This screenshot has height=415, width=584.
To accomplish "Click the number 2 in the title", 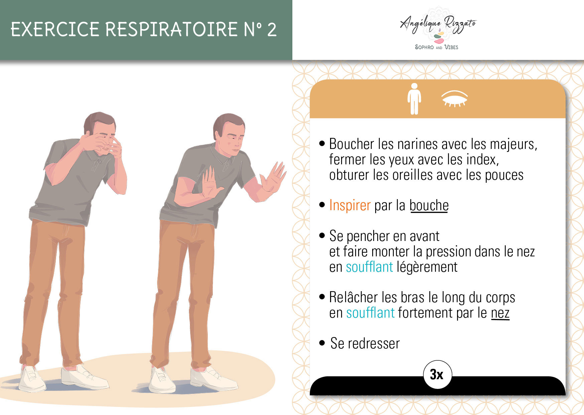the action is (272, 29).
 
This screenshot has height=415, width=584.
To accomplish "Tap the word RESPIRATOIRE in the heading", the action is (171, 29).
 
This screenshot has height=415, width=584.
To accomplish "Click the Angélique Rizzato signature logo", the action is (438, 25).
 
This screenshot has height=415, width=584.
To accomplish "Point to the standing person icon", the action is (414, 99).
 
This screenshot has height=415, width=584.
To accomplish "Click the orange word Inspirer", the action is (350, 205).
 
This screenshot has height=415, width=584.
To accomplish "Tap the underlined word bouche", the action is (429, 205).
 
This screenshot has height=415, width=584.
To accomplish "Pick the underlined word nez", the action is (500, 313).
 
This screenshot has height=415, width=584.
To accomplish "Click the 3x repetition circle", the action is (437, 375).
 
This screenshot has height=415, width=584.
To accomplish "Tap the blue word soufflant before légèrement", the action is (369, 267).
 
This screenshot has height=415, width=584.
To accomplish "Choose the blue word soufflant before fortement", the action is (371, 313).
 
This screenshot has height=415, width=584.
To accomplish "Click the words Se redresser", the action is (365, 344).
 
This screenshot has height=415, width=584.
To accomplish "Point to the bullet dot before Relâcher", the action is (322, 297).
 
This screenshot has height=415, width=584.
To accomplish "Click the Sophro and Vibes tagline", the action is (436, 47).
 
